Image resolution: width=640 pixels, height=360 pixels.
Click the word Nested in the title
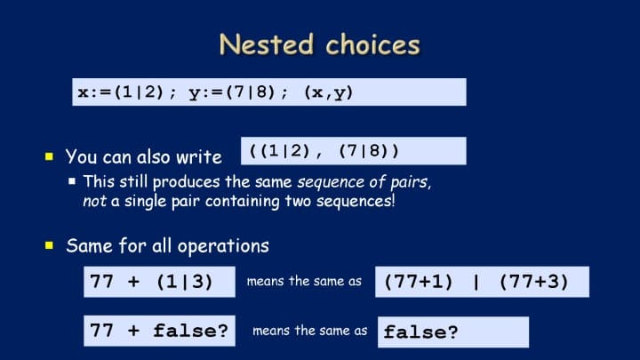tap(267, 44)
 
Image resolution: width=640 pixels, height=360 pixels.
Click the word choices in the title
tap(373, 44)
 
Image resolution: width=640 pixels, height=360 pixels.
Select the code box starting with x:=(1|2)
tap(269, 92)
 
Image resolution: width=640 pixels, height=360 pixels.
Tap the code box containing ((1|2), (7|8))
tap(354, 151)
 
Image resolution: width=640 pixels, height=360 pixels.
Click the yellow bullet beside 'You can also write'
tap(50, 156)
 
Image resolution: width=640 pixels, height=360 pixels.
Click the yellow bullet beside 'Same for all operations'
tap(50, 245)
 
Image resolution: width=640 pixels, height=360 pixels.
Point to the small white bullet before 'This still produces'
tap(72, 180)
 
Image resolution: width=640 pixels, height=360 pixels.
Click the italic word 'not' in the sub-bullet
tap(95, 201)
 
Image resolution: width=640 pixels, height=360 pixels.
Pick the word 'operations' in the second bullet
tap(223, 246)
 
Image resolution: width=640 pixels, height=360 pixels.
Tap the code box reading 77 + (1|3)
tap(160, 282)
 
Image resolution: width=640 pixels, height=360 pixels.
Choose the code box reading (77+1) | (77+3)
tap(482, 282)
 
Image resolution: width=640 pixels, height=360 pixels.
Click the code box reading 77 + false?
tap(160, 331)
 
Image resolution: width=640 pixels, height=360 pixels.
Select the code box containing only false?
tap(453, 332)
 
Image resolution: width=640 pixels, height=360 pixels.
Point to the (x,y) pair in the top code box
tap(329, 93)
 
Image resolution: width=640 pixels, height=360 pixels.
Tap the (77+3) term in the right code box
tap(534, 282)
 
